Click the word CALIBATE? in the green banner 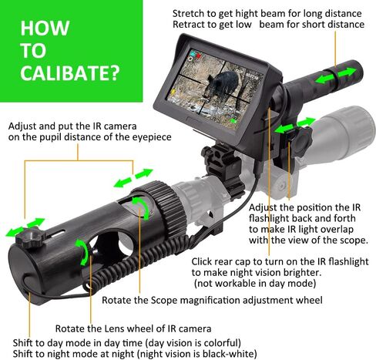(x=70, y=72)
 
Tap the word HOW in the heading (x=45, y=28)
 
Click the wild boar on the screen (x=222, y=82)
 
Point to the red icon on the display (x=198, y=55)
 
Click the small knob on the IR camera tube (x=29, y=237)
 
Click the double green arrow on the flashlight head (x=336, y=76)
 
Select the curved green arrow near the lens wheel (x=82, y=252)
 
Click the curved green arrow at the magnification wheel (x=141, y=207)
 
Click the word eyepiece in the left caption (x=152, y=137)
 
